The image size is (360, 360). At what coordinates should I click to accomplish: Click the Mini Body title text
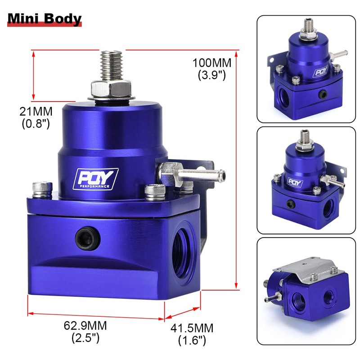44,19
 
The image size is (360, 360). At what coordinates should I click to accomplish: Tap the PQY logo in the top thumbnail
320,71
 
